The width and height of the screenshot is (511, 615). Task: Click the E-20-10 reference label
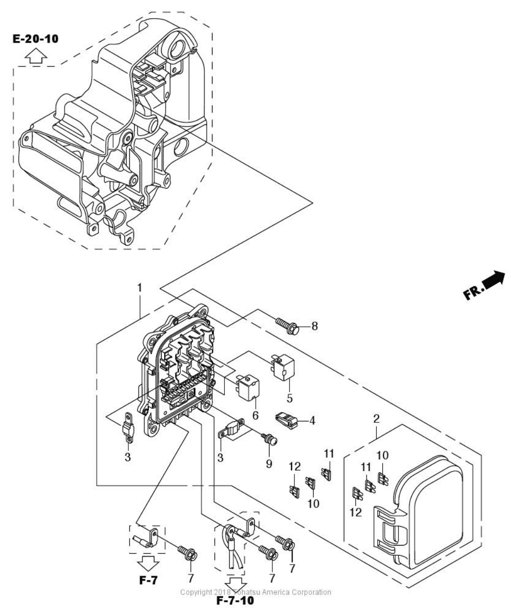coord(36,39)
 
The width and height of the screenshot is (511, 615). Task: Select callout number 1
coord(140,288)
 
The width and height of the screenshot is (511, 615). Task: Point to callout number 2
coord(376,419)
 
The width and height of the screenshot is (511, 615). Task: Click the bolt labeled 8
coord(288,326)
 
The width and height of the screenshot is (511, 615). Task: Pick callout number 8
coord(315,326)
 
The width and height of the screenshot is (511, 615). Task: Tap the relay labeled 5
coord(283,368)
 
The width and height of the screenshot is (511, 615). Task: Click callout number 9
coord(269,464)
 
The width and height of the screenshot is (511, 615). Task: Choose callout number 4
coord(312,420)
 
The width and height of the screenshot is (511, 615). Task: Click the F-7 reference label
coord(148,580)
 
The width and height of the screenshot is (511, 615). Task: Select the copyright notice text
coord(256,592)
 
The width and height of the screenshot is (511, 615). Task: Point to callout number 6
coord(255,416)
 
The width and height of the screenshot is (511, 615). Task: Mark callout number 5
coord(290,398)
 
